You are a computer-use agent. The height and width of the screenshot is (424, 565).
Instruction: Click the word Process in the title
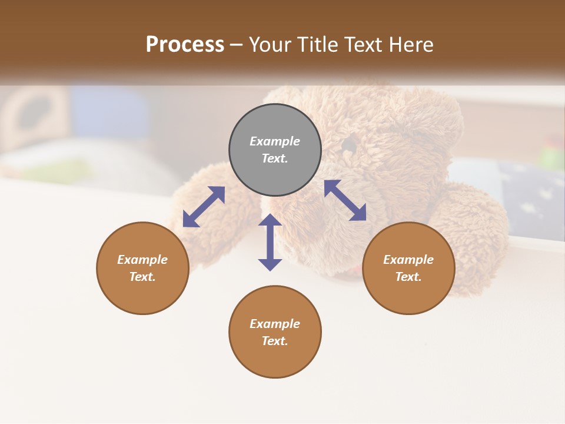click(185, 45)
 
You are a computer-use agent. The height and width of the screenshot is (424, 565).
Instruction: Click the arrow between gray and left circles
click(204, 207)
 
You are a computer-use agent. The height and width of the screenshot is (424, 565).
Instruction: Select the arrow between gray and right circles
click(345, 200)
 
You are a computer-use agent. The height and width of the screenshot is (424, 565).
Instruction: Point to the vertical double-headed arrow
click(270, 242)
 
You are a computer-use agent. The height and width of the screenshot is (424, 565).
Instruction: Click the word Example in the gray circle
click(275, 141)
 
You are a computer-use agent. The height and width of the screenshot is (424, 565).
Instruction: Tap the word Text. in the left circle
click(142, 277)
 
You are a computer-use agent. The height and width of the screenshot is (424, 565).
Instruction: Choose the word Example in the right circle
click(408, 260)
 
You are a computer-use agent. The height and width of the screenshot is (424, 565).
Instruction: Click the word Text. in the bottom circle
click(275, 341)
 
